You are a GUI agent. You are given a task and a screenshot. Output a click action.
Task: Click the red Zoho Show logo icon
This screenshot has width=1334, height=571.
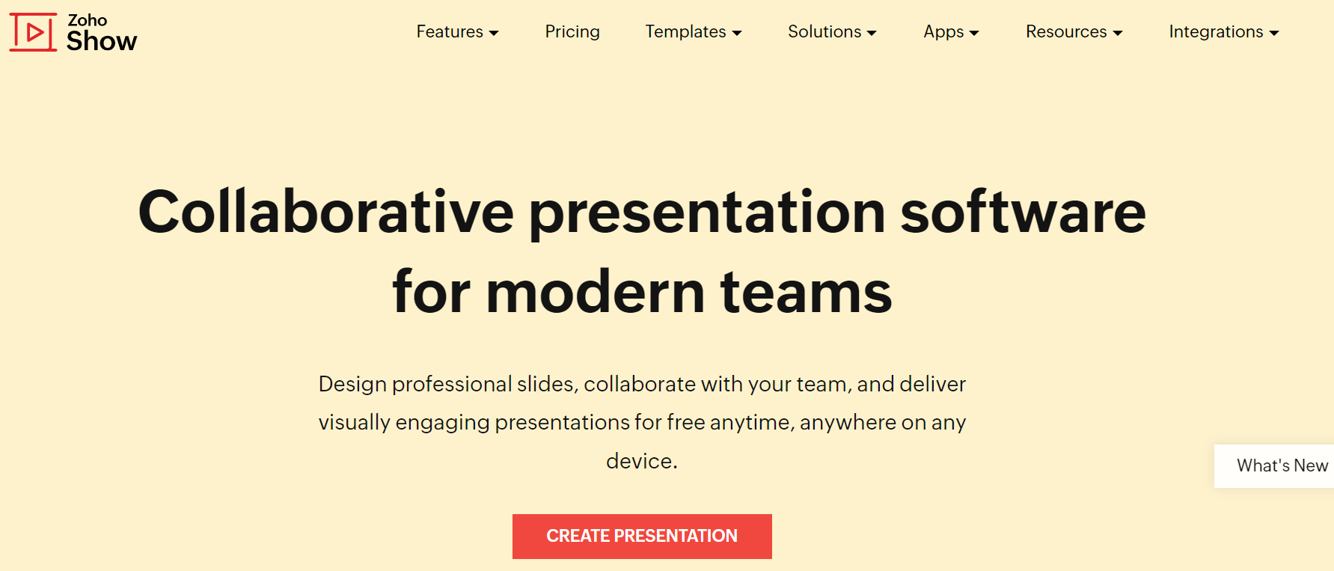pyautogui.click(x=33, y=32)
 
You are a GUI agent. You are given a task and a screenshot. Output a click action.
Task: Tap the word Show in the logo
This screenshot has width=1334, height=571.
pyautogui.click(x=102, y=41)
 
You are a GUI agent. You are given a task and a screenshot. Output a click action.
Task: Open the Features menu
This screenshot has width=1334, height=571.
pyautogui.click(x=457, y=31)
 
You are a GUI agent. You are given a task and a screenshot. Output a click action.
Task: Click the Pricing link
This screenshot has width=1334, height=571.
pyautogui.click(x=572, y=31)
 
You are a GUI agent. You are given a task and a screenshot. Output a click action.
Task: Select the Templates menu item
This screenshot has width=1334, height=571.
pyautogui.click(x=694, y=31)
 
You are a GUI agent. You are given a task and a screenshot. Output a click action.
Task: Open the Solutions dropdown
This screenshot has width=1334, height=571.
pyautogui.click(x=832, y=31)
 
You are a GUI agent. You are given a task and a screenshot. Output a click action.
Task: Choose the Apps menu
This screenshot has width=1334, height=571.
pyautogui.click(x=951, y=32)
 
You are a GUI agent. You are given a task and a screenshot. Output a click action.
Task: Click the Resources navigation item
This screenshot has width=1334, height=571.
pyautogui.click(x=1074, y=31)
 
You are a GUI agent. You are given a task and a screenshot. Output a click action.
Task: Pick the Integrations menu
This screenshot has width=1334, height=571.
pyautogui.click(x=1224, y=31)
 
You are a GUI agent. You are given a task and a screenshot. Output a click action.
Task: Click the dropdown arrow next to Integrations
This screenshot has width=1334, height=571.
pyautogui.click(x=1274, y=33)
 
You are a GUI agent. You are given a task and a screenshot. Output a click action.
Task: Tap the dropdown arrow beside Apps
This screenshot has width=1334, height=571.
pyautogui.click(x=974, y=33)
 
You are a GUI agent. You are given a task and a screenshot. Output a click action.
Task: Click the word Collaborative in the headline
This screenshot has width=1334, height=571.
pyautogui.click(x=326, y=212)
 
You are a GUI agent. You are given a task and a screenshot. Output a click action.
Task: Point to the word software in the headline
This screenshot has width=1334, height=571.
pyautogui.click(x=1023, y=212)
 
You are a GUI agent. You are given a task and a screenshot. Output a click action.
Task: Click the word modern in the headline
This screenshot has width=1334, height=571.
pyautogui.click(x=596, y=292)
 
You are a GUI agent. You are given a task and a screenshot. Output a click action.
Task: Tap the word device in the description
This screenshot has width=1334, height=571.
pyautogui.click(x=639, y=461)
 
